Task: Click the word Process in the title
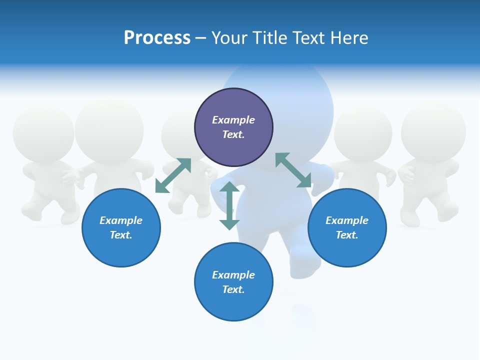[157, 38]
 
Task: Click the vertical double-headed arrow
[229, 205]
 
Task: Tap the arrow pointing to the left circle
[173, 175]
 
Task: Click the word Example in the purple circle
[233, 120]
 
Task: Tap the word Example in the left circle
[121, 220]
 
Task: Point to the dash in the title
[201, 38]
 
